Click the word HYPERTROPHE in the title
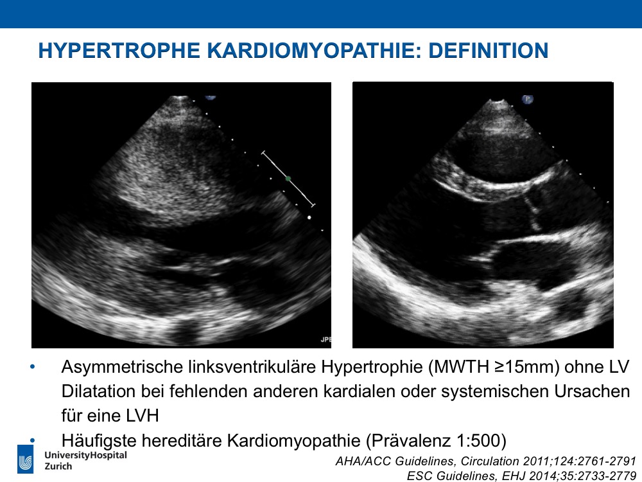click(119, 50)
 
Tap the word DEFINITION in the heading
click(489, 50)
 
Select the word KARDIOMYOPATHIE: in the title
click(314, 50)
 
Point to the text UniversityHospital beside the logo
click(85, 456)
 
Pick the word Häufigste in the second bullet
click(99, 441)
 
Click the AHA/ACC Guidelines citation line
click(485, 461)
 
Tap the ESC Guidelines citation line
click(521, 476)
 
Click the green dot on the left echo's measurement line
click(288, 179)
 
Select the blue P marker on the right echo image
click(527, 99)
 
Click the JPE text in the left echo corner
click(326, 339)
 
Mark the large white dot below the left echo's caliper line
click(309, 218)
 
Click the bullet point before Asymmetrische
click(32, 367)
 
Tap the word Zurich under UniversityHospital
click(58, 467)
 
